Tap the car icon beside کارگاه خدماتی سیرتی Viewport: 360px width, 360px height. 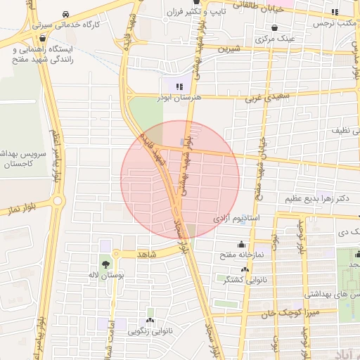coord(65,14)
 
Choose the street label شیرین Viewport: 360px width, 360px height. coord(229,49)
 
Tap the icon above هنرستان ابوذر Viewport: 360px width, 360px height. coord(169,86)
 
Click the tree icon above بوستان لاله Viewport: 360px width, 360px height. coord(105,265)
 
